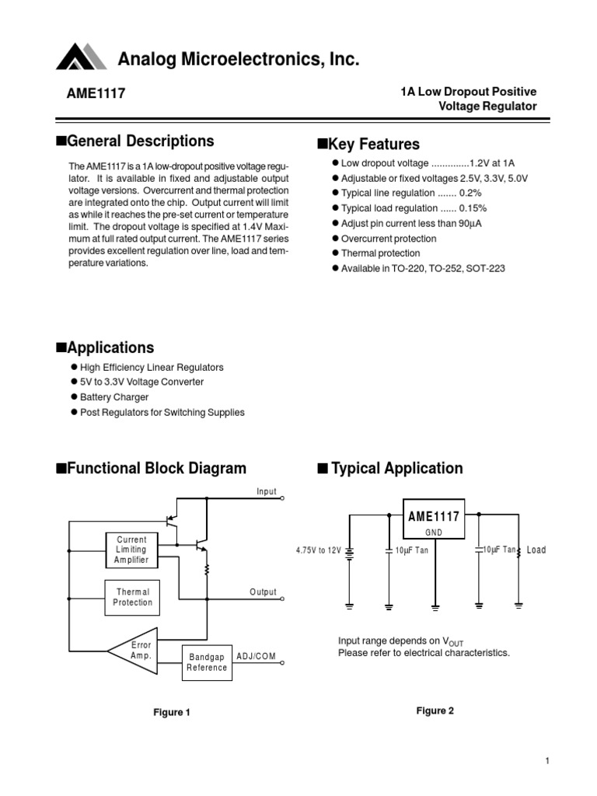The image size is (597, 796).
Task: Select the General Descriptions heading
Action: [x=134, y=141]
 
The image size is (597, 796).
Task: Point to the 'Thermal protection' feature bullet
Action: [x=375, y=253]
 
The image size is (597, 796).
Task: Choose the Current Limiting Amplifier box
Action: [x=131, y=549]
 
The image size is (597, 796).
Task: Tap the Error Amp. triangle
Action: [x=137, y=649]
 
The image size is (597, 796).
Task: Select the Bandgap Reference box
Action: [x=207, y=662]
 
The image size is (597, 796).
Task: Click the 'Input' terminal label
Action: [x=267, y=491]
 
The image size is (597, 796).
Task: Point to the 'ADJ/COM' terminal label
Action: [x=255, y=657]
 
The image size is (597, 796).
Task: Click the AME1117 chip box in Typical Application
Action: [x=433, y=519]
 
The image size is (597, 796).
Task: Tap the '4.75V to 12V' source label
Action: [x=318, y=550]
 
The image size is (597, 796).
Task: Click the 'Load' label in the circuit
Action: [x=536, y=550]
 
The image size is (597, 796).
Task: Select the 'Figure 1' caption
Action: [x=171, y=712]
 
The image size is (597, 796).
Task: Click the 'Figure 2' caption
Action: [x=435, y=710]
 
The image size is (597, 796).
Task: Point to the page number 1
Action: [x=547, y=761]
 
